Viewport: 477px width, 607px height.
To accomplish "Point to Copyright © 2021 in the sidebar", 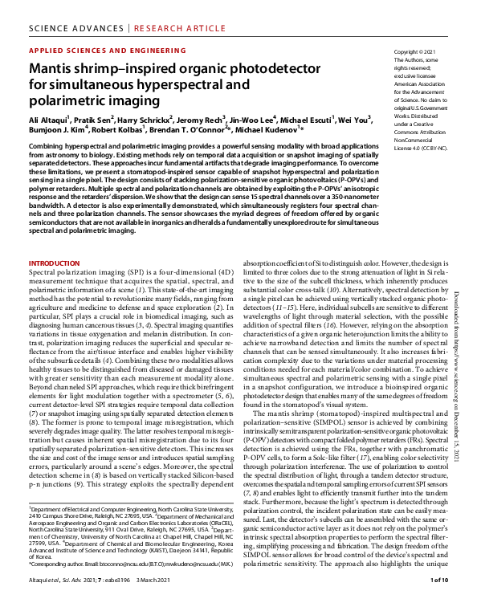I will tap(417, 51).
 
